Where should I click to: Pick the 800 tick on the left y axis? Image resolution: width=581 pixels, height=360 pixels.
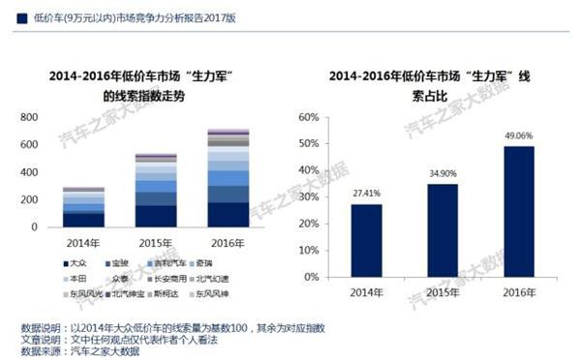pos(29,117)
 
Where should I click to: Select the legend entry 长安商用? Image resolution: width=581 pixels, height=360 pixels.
pos(171,278)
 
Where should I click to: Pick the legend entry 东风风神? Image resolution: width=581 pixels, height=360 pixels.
pos(214,293)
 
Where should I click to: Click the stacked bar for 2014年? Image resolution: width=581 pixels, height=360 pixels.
pos(83,208)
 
